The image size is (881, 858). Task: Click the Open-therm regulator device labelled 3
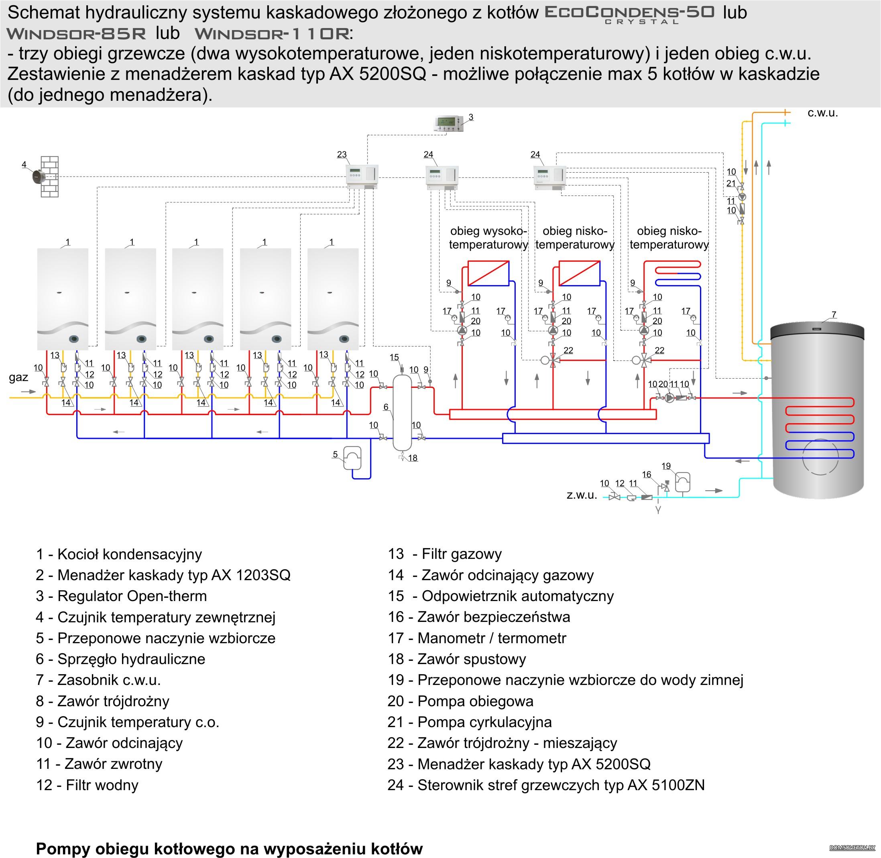(x=449, y=124)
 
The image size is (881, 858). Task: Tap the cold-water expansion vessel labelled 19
(x=683, y=481)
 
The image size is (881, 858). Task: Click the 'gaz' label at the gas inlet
(x=18, y=378)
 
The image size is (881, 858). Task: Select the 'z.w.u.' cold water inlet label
(x=582, y=495)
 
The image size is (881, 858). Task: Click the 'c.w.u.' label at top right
(x=823, y=113)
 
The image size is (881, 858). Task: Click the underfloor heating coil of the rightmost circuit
(x=678, y=273)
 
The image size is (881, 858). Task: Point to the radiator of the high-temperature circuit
(x=488, y=273)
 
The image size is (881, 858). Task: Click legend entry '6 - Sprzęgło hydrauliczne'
(x=120, y=659)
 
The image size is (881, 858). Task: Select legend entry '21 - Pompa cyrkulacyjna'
(x=469, y=722)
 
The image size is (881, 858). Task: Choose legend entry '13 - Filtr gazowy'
(x=445, y=554)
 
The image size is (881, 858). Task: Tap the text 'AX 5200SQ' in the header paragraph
(x=378, y=74)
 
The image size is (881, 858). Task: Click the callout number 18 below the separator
(x=413, y=458)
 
